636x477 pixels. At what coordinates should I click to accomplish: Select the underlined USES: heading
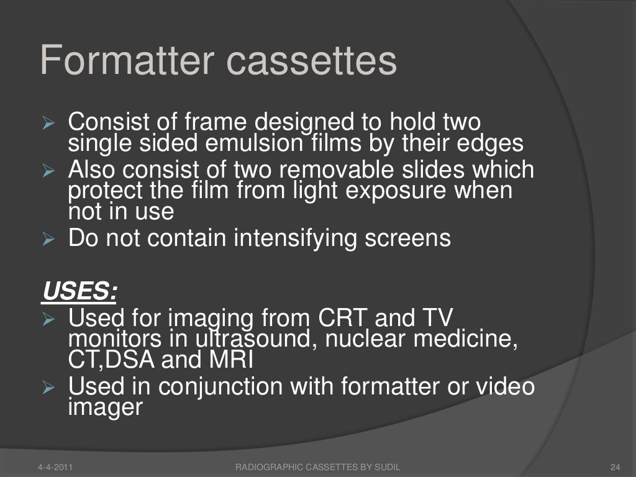[x=79, y=290]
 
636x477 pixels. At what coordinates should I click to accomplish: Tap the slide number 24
[x=616, y=466]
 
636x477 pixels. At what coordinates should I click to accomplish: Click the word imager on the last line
[x=105, y=407]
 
